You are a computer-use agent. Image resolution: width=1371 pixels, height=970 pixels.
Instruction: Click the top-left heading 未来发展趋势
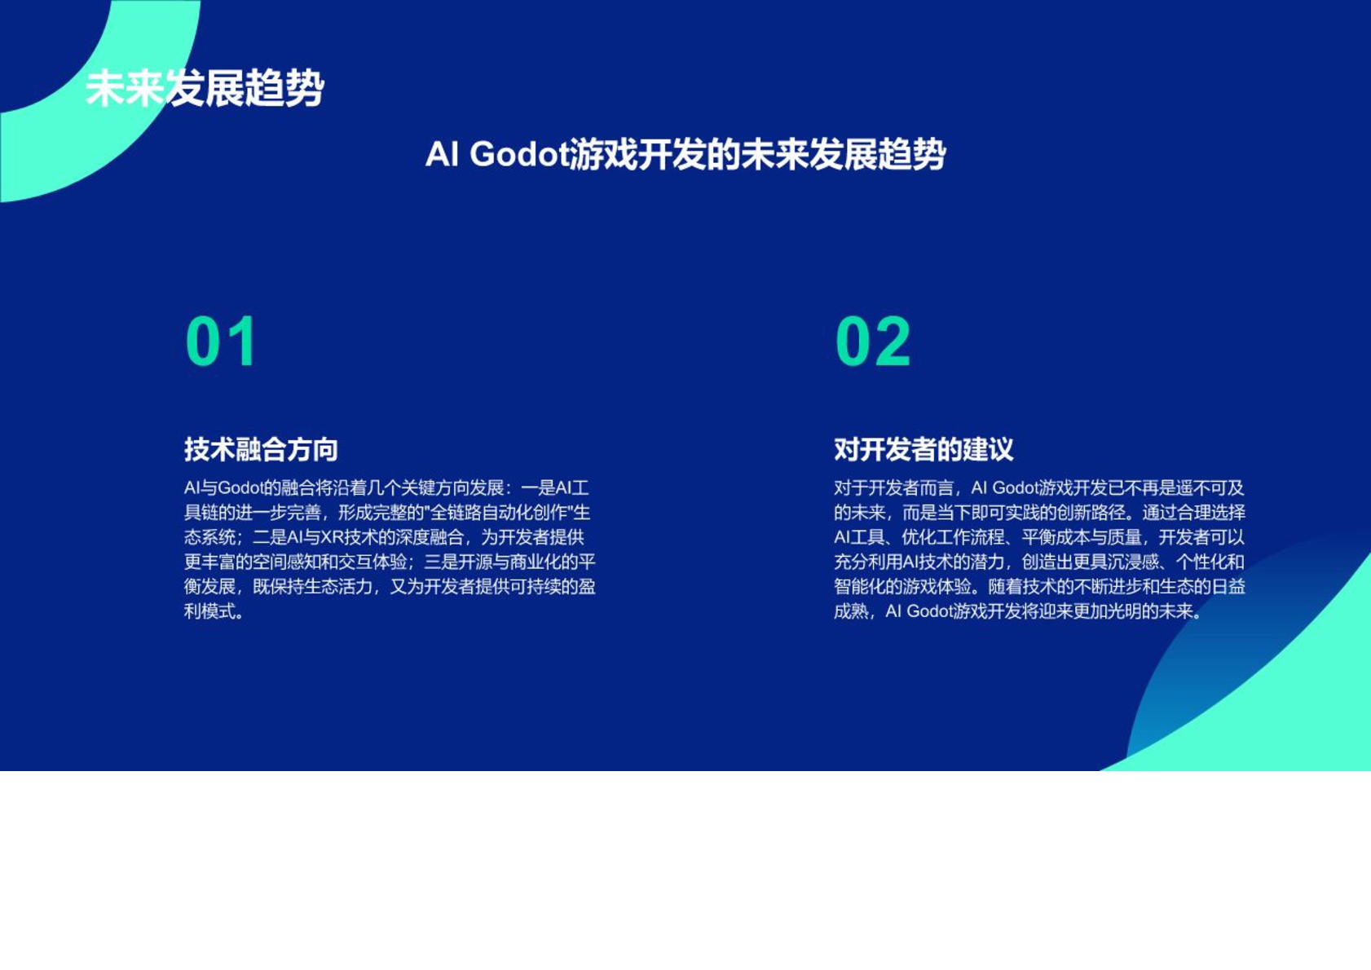(205, 88)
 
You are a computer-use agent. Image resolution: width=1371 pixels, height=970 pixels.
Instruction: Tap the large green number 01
(221, 342)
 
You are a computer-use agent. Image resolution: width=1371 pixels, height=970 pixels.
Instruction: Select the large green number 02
(872, 342)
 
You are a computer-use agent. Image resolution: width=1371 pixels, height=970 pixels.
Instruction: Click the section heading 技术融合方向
(261, 449)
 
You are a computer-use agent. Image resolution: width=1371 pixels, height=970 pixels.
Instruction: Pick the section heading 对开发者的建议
(924, 449)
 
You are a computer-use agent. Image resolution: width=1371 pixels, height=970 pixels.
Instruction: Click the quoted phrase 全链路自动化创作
(498, 513)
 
